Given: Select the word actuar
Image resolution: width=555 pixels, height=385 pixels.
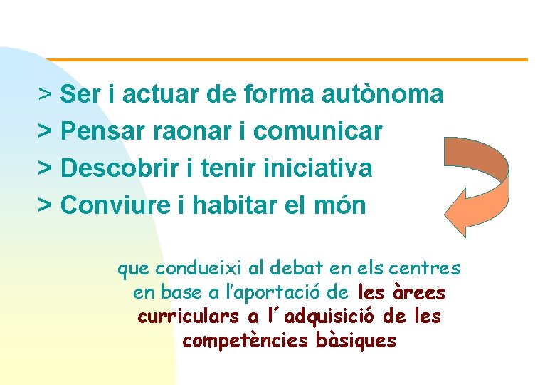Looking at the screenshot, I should pos(160,93).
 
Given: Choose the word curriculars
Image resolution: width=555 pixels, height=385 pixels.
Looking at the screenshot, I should pos(189,317).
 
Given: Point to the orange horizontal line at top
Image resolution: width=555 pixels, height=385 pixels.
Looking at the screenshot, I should pos(285,59).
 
